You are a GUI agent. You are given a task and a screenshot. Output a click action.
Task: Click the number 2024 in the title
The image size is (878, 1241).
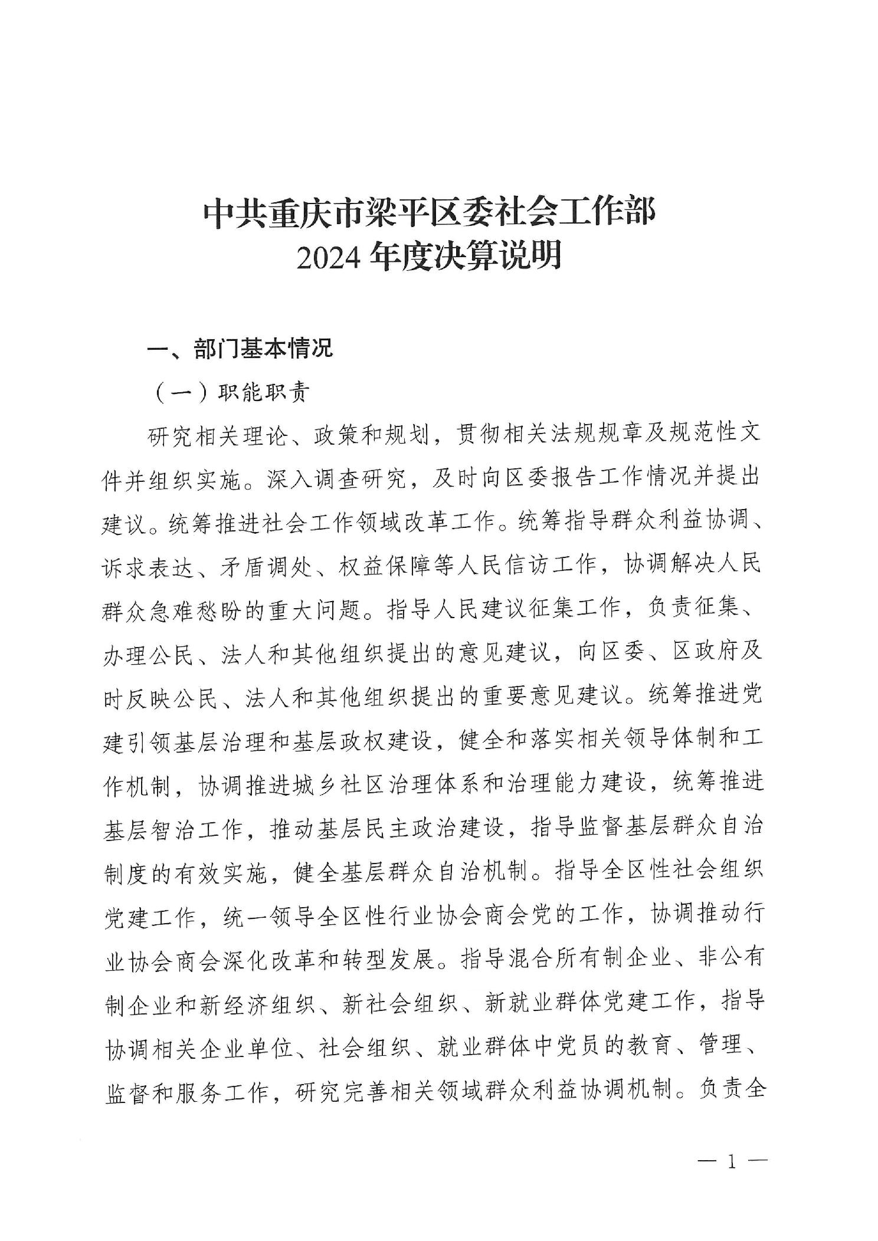pyautogui.click(x=329, y=258)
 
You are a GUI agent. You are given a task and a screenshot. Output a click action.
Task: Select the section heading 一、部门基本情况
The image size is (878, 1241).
pyautogui.click(x=240, y=349)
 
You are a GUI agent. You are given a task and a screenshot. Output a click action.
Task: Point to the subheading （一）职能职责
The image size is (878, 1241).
pyautogui.click(x=233, y=393)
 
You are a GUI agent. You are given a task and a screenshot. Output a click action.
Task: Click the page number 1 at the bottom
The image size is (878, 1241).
pyautogui.click(x=732, y=1163)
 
